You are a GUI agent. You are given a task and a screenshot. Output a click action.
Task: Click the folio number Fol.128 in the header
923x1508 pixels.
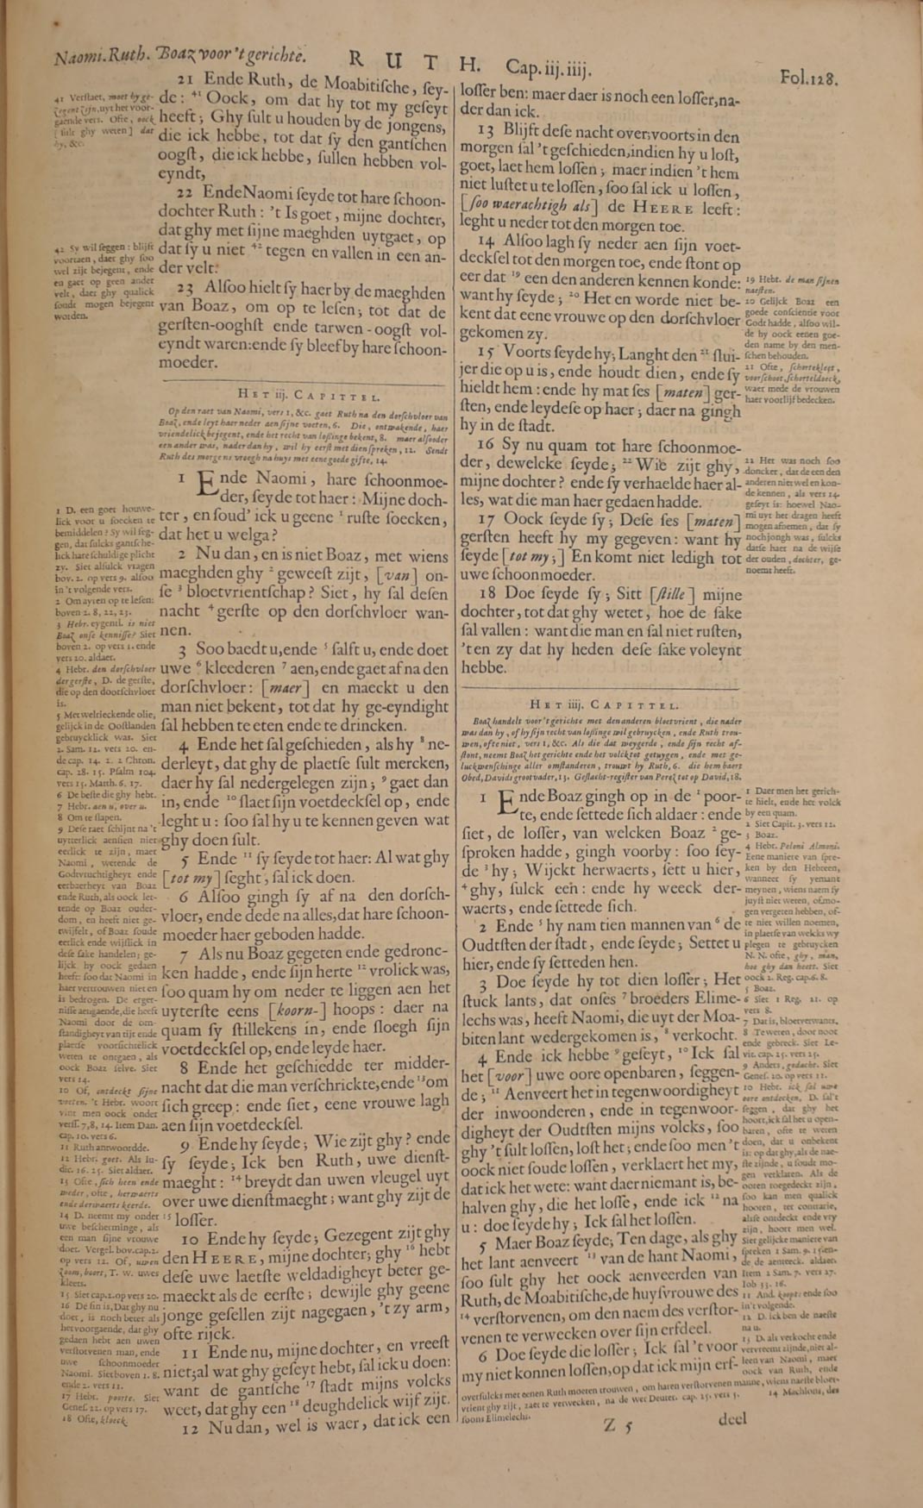point(809,78)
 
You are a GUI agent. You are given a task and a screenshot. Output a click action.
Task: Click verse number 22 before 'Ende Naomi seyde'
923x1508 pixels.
point(186,195)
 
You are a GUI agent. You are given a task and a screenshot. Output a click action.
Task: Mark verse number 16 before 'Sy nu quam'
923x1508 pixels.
point(486,443)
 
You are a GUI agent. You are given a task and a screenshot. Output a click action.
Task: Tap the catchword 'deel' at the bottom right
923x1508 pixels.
point(731,1418)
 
